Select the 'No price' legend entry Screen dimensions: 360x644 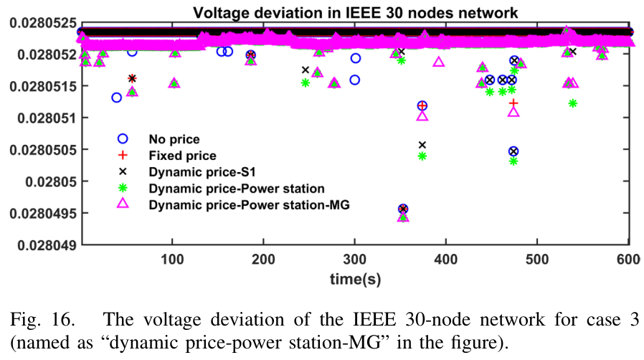click(x=174, y=138)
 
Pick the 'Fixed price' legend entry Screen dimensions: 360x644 click(x=182, y=155)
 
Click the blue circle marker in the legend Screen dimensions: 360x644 click(x=123, y=138)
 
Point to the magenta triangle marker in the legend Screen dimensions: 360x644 click(x=123, y=205)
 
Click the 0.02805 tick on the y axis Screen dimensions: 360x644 click(x=45, y=181)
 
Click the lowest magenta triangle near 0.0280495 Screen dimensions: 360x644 click(x=403, y=217)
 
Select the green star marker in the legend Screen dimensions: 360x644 click(x=123, y=189)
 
